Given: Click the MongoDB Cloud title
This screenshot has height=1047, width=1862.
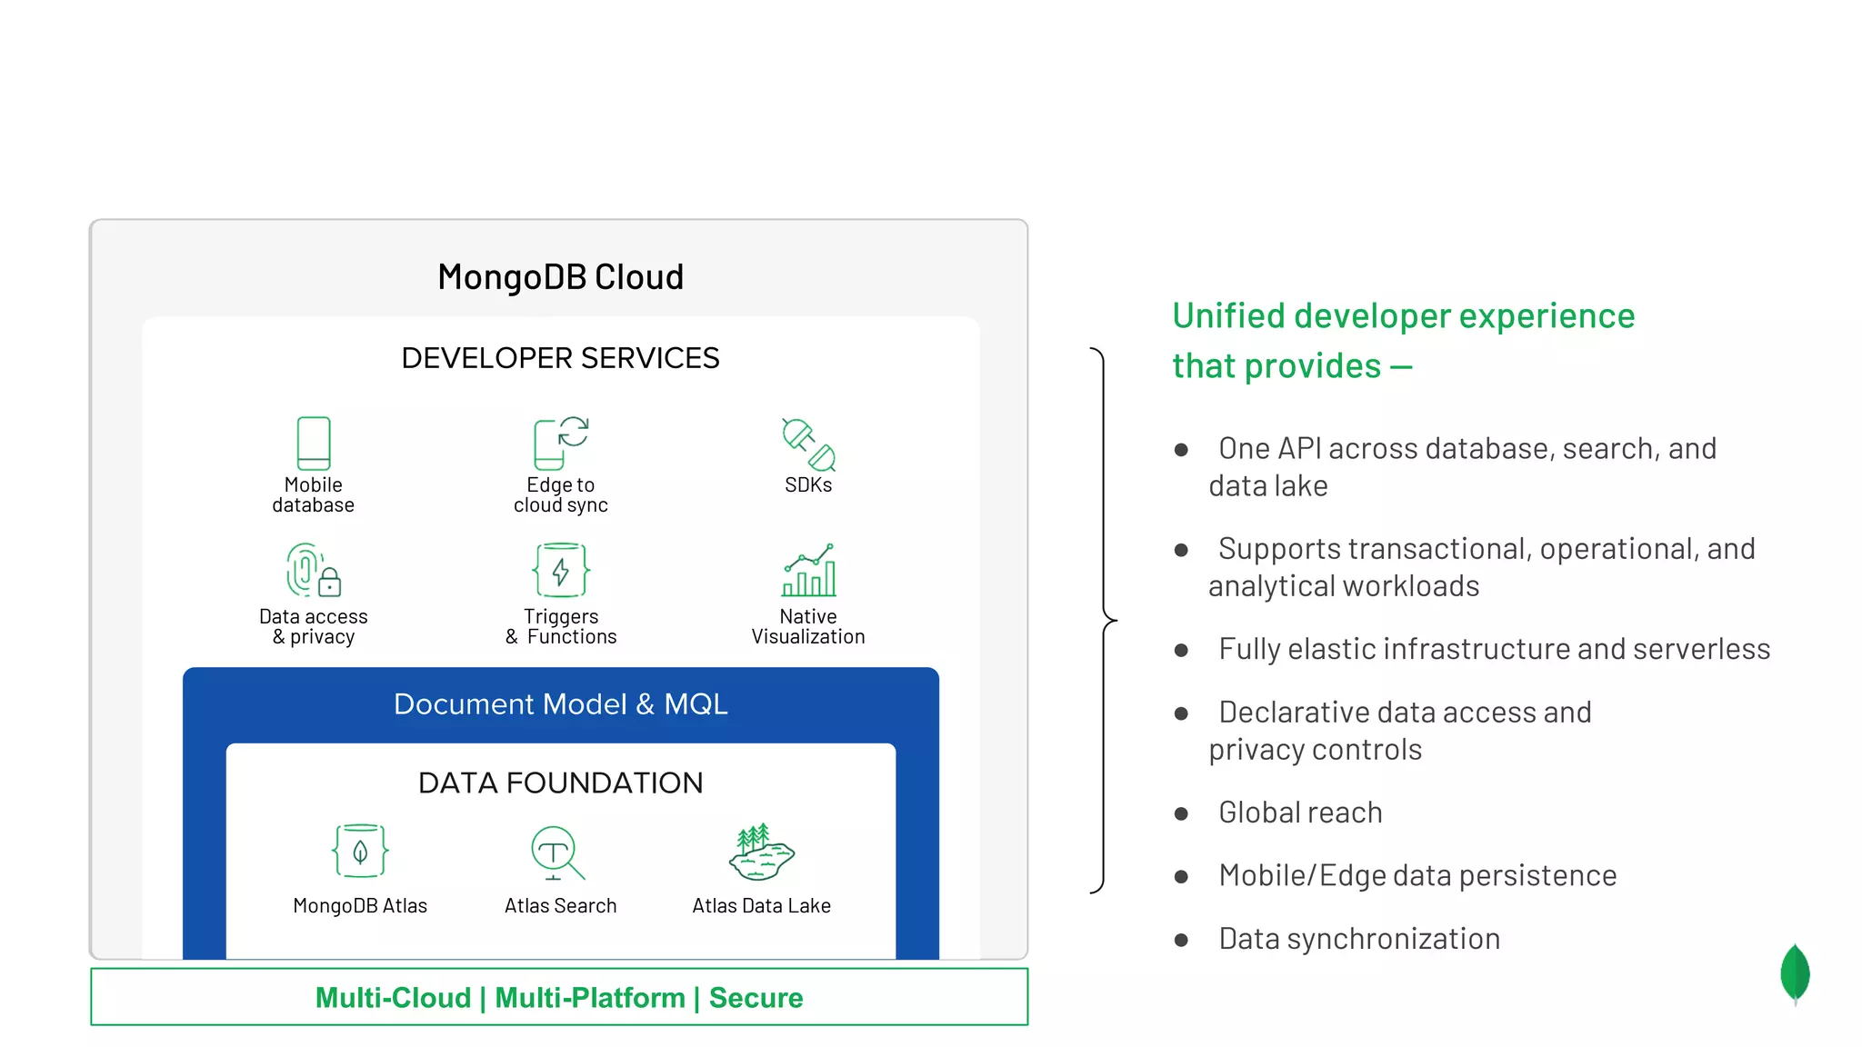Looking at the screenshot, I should pyautogui.click(x=560, y=277).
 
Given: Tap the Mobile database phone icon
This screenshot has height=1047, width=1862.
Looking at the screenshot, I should pyautogui.click(x=314, y=443).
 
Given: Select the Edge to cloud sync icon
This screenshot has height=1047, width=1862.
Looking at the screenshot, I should pyautogui.click(x=560, y=443).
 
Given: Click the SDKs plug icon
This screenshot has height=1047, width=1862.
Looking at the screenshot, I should pyautogui.click(x=808, y=444).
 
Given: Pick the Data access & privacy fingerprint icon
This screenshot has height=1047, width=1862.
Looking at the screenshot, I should pyautogui.click(x=313, y=570).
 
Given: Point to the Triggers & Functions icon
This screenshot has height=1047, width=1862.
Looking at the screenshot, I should pyautogui.click(x=561, y=570).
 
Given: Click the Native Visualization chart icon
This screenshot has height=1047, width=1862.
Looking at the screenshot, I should pyautogui.click(x=808, y=570).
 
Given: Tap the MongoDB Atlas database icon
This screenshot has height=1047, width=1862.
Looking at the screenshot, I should pyautogui.click(x=360, y=851).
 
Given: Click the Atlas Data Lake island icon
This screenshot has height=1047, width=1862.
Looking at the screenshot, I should pyautogui.click(x=761, y=853).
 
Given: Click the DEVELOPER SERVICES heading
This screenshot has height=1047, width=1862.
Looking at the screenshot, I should pyautogui.click(x=560, y=358).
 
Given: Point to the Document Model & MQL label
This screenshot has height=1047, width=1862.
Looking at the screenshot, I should pyautogui.click(x=560, y=704).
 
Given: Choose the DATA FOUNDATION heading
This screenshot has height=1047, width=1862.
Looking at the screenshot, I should pyautogui.click(x=560, y=783).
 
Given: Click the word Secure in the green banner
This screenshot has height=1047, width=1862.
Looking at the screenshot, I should pyautogui.click(x=756, y=998).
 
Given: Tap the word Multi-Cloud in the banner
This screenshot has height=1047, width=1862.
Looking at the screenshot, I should pyautogui.click(x=393, y=998).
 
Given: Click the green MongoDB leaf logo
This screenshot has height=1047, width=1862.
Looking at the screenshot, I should pyautogui.click(x=1795, y=973).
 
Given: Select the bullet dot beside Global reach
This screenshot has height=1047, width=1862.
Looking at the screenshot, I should pyautogui.click(x=1181, y=813).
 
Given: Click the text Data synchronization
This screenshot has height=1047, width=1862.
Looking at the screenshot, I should pyautogui.click(x=1359, y=939).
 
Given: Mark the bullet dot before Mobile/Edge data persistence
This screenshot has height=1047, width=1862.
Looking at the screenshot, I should pyautogui.click(x=1181, y=877).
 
